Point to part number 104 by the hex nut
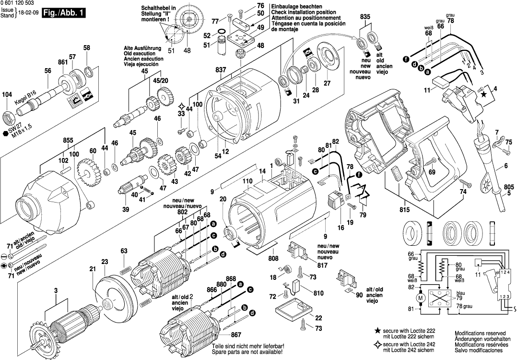7,95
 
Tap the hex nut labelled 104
8,116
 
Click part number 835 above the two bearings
365,17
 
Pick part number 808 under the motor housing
273,258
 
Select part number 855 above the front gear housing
68,140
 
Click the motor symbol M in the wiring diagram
421,299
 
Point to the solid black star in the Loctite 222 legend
378,331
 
